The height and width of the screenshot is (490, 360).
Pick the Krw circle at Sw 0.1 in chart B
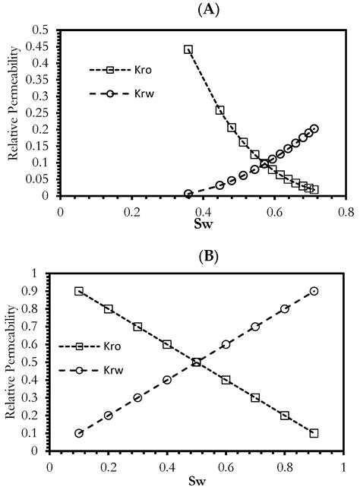coord(79,433)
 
